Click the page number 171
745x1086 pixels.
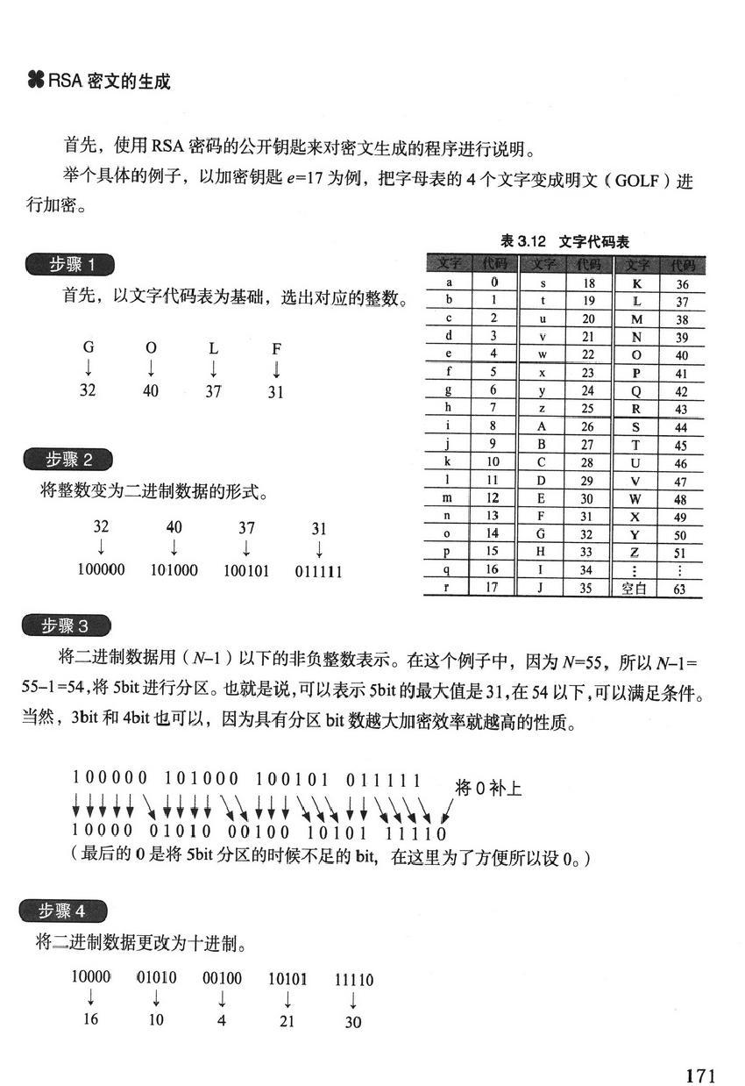(700, 1051)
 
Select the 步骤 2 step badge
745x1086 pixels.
(69, 459)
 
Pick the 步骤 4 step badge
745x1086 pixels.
(64, 911)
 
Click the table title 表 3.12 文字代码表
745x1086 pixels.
(564, 240)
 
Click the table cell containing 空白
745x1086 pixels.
(633, 589)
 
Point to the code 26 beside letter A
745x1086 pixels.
(587, 426)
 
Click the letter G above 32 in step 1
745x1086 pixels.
(88, 347)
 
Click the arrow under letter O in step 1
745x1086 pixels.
(151, 368)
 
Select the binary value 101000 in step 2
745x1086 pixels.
(174, 570)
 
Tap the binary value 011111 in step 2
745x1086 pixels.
(318, 572)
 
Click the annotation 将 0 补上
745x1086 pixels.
(489, 789)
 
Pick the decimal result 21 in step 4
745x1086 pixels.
(287, 1021)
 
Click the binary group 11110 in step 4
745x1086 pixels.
(353, 979)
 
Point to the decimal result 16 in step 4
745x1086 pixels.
(91, 1019)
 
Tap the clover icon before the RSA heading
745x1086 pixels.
(36, 82)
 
